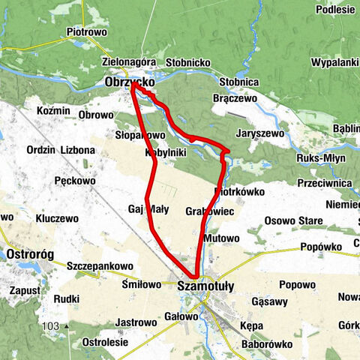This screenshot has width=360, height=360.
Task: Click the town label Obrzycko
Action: click(x=130, y=81)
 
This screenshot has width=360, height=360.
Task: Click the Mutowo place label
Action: click(x=220, y=238)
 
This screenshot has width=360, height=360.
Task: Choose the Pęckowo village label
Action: click(x=75, y=181)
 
